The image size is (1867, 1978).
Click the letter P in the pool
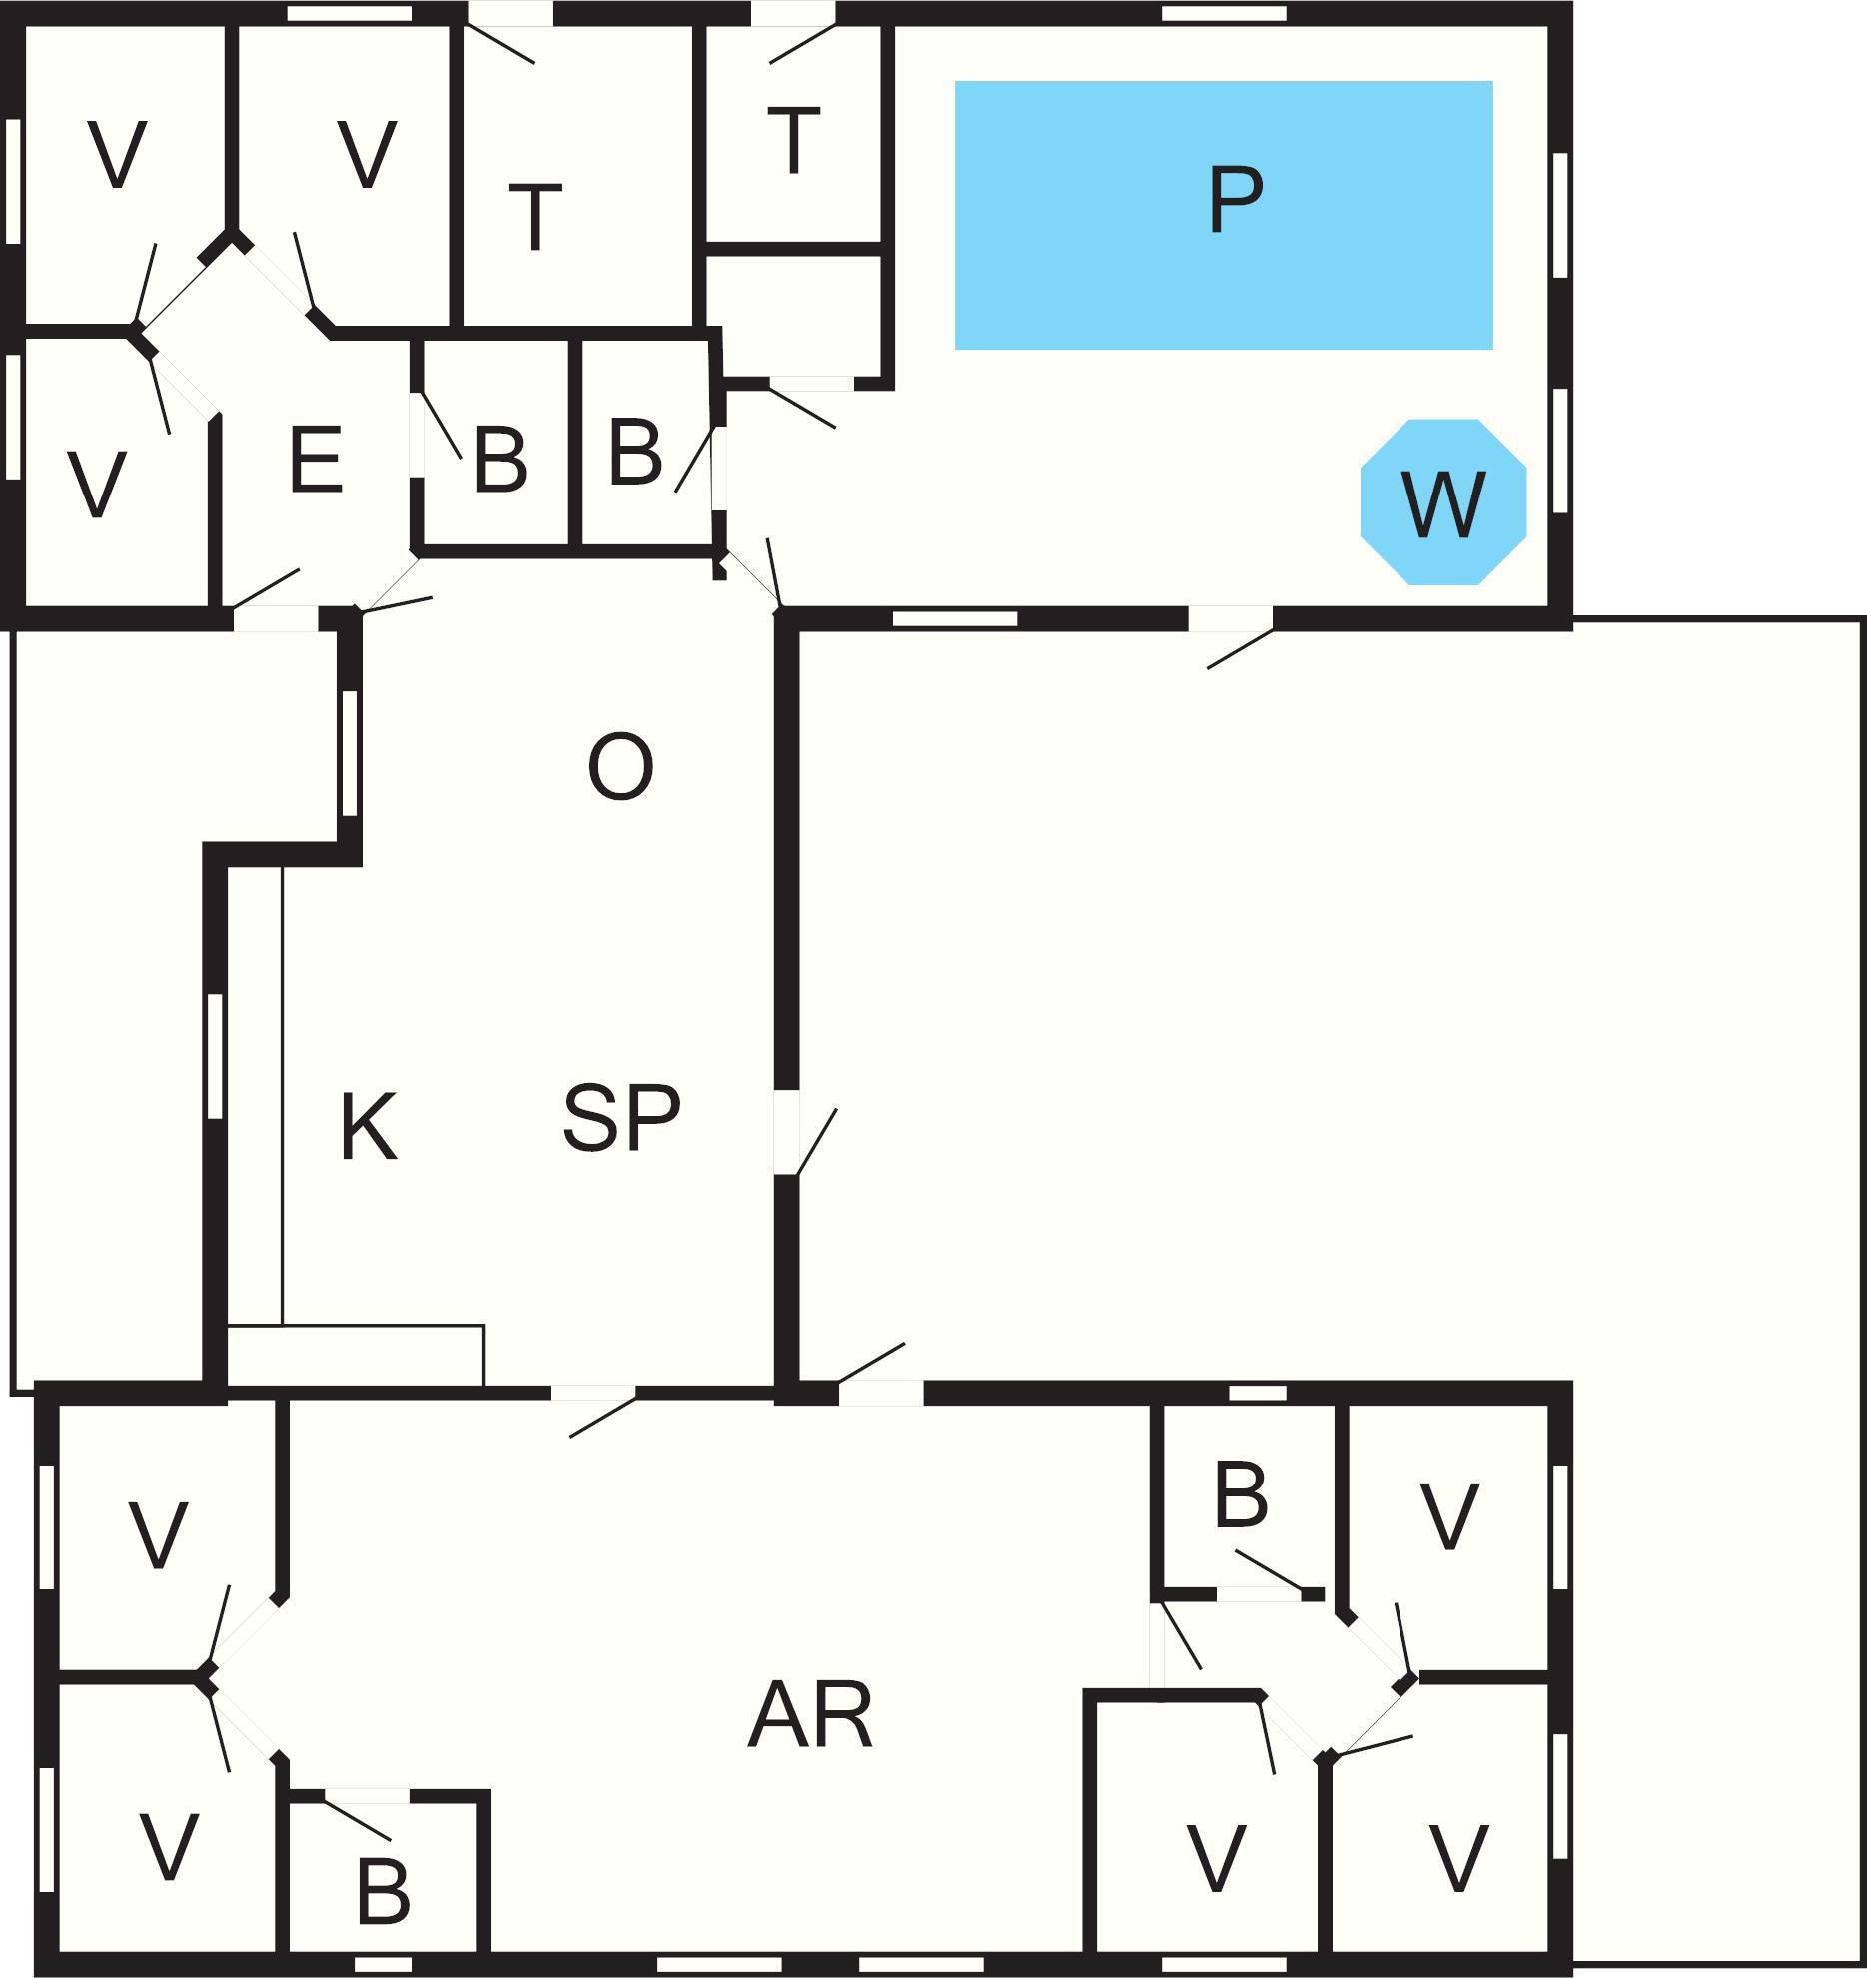click(x=1235, y=201)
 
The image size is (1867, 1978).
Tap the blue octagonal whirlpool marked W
click(x=1443, y=502)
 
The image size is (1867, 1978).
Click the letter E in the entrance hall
click(x=316, y=461)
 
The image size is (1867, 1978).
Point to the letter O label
click(x=620, y=766)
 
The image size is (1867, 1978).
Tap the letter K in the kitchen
click(x=369, y=1128)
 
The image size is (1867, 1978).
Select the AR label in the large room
click(x=810, y=1716)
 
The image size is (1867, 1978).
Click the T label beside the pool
click(x=794, y=142)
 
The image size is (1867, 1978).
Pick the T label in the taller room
click(x=535, y=217)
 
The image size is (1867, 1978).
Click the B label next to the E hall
click(x=499, y=461)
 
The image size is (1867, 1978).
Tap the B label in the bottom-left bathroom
click(x=383, y=1891)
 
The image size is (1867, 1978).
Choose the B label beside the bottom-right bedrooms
click(x=1241, y=1495)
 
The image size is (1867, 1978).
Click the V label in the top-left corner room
click(x=117, y=155)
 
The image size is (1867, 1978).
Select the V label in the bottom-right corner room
click(x=1458, y=1858)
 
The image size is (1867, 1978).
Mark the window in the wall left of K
click(x=214, y=1056)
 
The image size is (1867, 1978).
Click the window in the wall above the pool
click(x=1224, y=13)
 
